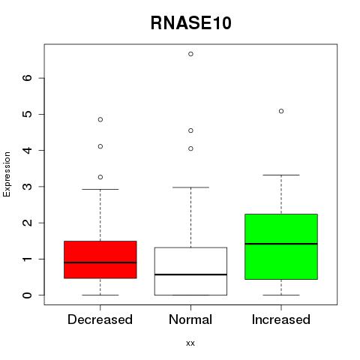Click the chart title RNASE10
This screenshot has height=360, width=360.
point(191,23)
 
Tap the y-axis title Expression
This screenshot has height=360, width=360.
point(7,174)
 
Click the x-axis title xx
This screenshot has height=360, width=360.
point(190,343)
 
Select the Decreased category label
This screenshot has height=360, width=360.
point(100,319)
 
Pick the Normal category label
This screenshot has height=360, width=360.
point(190,319)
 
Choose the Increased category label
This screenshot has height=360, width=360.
point(281,319)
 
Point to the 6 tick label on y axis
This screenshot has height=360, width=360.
point(28,78)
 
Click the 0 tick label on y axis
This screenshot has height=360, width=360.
point(28,295)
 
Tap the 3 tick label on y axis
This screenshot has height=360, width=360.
point(28,187)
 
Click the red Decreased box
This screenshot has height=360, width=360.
point(100,259)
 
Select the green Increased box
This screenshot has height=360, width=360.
point(281,247)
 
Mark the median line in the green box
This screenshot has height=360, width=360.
point(281,244)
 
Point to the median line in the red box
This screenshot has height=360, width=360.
point(100,262)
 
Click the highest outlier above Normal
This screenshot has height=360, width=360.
point(190,54)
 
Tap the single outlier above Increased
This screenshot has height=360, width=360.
point(281,111)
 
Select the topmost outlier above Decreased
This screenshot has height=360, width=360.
point(100,119)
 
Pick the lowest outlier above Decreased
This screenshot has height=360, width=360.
point(100,177)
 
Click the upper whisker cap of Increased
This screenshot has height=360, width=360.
point(281,175)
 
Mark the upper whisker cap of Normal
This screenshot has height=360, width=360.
point(190,187)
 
